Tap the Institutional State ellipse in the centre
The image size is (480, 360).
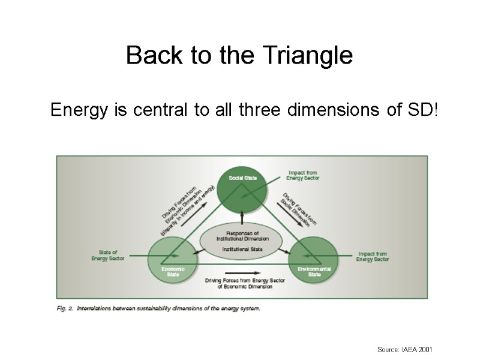(x=242, y=241)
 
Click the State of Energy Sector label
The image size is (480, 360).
(x=108, y=255)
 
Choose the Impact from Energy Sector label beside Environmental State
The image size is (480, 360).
(x=373, y=256)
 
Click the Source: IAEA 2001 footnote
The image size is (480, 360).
(x=404, y=349)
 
